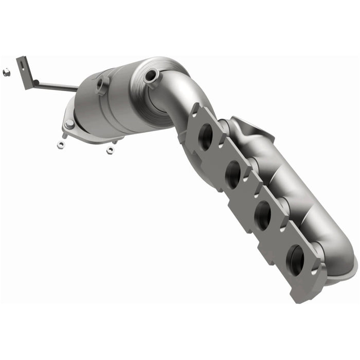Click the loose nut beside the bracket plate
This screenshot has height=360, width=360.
[x=5, y=73]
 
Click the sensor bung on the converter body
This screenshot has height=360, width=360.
[x=103, y=82]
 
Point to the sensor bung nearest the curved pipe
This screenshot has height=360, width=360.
[x=151, y=77]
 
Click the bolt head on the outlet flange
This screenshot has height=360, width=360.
[x=69, y=124]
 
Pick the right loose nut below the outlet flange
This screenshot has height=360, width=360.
[x=110, y=150]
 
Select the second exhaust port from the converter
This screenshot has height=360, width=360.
[x=232, y=174]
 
